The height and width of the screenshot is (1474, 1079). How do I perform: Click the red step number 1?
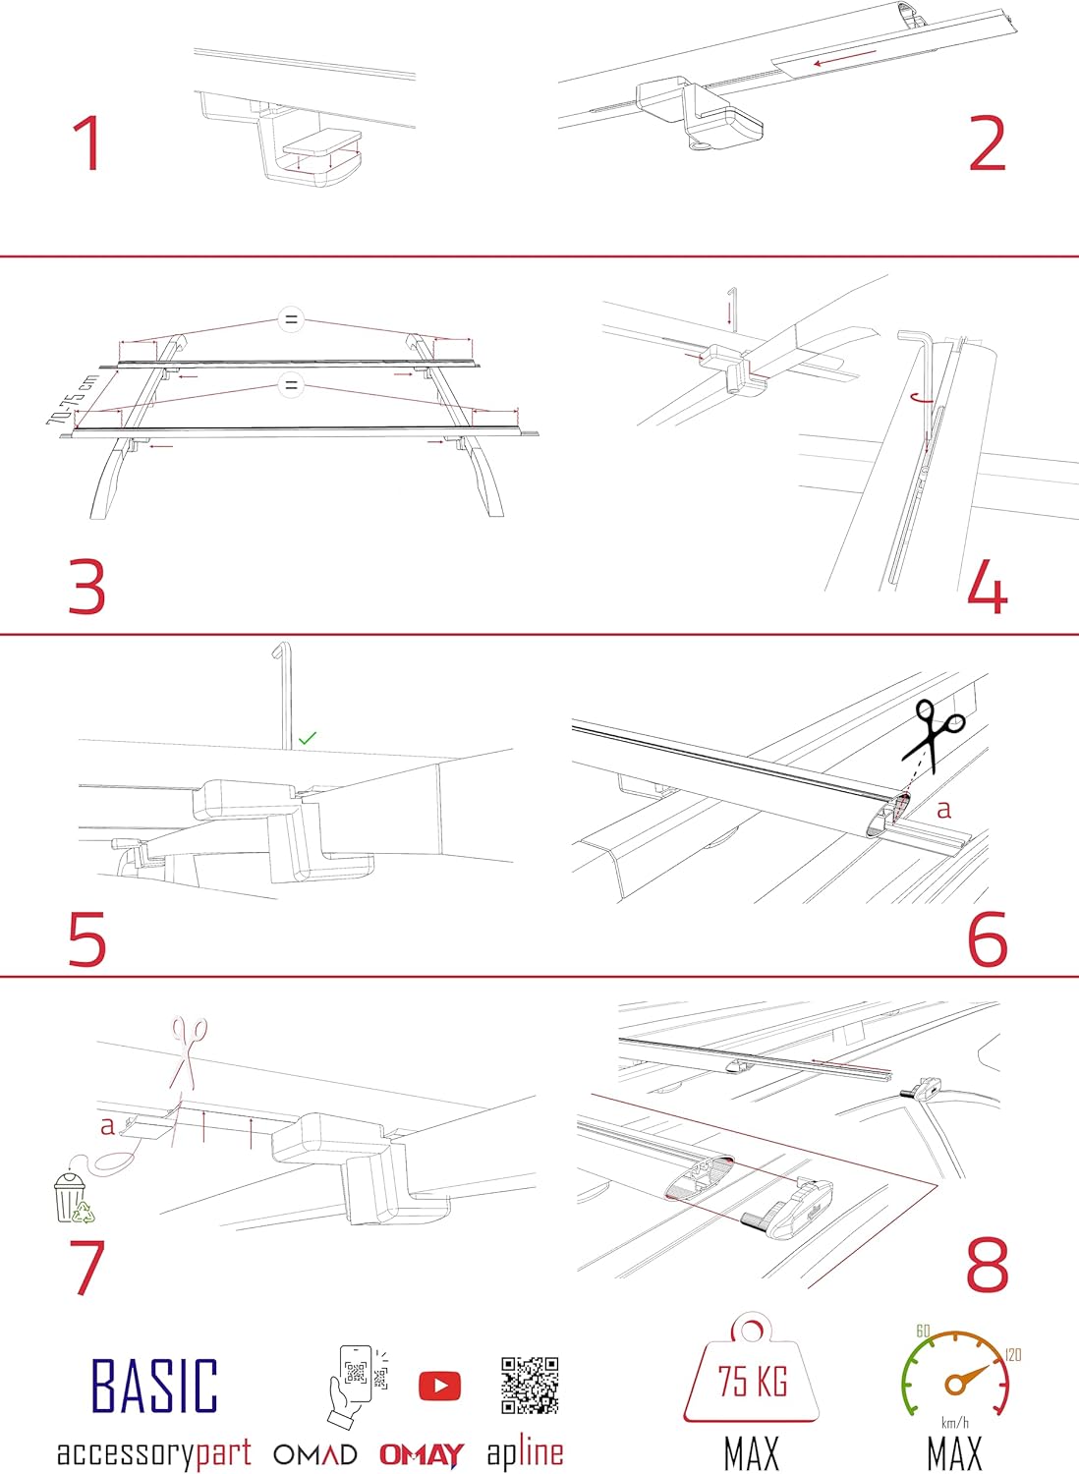87,143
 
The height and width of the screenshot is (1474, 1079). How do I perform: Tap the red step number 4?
988,589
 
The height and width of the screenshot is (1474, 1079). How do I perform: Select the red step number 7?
86,1267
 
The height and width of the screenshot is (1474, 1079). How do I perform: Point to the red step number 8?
988,1265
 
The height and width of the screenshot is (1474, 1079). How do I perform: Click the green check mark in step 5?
308,737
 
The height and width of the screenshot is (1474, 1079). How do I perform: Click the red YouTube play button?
439,1386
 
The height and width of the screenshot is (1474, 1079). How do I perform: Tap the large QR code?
530,1386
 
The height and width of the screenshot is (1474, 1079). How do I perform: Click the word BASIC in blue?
154,1386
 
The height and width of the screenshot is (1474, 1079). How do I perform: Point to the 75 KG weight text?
752,1382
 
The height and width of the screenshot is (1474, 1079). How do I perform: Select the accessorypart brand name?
154,1453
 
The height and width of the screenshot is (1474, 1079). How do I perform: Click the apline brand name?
525,1452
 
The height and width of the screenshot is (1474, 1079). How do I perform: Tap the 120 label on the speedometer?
1013,1355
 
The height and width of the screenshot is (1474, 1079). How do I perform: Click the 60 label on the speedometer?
923,1331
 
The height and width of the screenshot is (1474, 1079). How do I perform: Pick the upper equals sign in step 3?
290,319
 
